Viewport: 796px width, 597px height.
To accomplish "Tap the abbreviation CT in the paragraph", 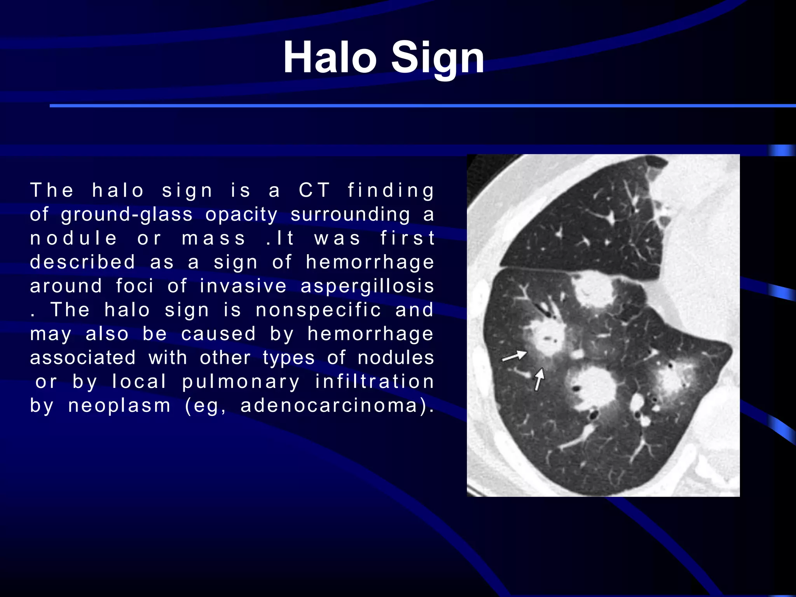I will [314, 190].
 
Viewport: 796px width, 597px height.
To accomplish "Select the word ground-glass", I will [127, 215].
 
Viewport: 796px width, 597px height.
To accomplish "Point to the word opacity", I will [241, 215].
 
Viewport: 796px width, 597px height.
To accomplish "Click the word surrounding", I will [350, 215].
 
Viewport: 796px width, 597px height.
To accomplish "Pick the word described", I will [82, 262].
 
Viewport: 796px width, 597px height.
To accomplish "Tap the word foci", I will [134, 286].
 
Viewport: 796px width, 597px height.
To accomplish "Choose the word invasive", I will [243, 286].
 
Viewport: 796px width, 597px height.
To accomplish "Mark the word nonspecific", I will [318, 310].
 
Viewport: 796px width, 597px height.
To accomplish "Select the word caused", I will [218, 334].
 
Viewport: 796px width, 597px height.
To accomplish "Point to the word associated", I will [83, 358].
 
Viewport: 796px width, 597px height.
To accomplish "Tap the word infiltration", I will [375, 382].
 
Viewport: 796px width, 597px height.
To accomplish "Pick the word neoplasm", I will [119, 406].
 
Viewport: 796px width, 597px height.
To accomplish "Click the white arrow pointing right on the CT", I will [514, 356].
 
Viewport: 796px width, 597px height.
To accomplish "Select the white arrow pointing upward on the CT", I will [539, 379].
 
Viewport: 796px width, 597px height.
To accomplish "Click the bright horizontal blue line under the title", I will [423, 106].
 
